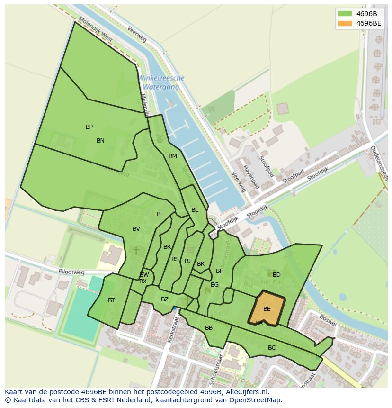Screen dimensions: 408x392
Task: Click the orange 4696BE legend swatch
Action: (345, 23)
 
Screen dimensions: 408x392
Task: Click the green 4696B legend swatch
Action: (345, 13)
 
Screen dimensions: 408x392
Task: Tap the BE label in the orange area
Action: (267, 309)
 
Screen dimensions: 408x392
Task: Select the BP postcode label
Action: (89, 127)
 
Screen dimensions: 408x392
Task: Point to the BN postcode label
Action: (100, 141)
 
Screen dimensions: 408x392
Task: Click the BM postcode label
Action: (172, 156)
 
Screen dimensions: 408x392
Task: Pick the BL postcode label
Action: (195, 210)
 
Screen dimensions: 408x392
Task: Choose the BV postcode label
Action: (136, 229)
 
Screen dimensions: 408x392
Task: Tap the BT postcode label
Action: (111, 300)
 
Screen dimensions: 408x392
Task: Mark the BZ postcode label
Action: (164, 299)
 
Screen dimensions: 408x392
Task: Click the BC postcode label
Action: (272, 348)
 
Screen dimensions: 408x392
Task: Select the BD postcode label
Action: (276, 275)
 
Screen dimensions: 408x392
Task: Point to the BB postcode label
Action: (209, 328)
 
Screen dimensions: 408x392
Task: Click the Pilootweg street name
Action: (71, 272)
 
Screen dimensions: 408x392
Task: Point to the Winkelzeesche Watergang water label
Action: (161, 82)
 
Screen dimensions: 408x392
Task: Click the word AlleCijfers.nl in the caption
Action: (247, 392)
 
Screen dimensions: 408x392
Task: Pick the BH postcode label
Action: (220, 271)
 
